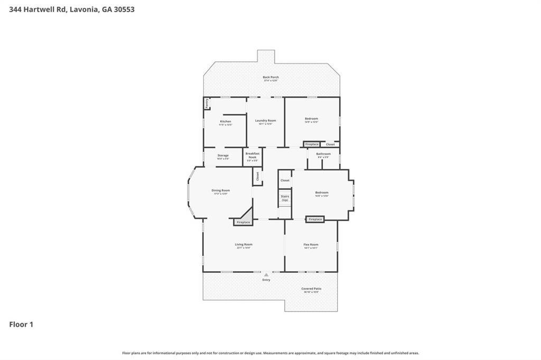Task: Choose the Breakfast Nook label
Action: pos(252,155)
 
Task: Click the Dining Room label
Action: pos(220,191)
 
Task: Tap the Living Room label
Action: pos(244,245)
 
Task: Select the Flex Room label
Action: pos(311,245)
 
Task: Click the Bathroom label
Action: pos(323,154)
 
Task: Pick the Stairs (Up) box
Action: pos(285,198)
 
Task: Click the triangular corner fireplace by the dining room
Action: pos(244,220)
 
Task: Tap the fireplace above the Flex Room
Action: pos(315,219)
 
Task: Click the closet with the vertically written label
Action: pos(257,176)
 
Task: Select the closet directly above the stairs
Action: pos(285,181)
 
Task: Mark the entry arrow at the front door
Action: pos(266,275)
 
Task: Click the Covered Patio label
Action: pos(311,289)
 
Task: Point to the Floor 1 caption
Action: pos(21,325)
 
